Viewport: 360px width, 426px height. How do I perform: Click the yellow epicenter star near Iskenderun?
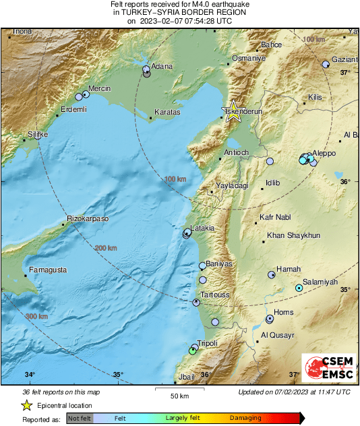coord(233,111)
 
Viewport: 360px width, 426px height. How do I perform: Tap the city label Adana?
coord(162,66)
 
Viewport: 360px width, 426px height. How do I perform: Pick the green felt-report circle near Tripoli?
coord(192,351)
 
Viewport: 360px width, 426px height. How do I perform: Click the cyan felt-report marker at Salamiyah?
coord(299,288)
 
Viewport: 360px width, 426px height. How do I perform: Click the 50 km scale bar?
coord(179,390)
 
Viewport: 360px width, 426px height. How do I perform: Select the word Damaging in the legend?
coord(245,419)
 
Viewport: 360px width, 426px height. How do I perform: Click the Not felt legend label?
coord(80,419)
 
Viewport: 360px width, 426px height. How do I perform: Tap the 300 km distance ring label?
coord(36,316)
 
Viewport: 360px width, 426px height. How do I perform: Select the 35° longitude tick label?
coord(117,375)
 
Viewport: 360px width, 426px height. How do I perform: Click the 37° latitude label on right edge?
coord(344,72)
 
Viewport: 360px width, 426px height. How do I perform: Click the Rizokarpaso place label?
coord(88,219)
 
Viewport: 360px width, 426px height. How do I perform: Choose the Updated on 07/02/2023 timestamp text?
coord(294,392)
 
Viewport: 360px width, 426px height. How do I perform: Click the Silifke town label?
coord(38,134)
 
